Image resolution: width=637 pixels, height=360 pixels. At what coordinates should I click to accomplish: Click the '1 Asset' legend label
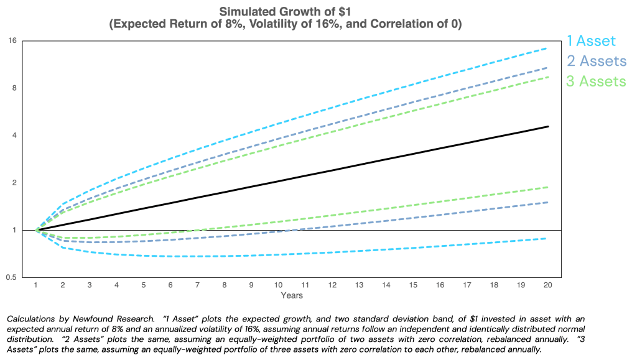point(590,41)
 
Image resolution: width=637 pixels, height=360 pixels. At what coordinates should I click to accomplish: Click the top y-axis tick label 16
point(14,40)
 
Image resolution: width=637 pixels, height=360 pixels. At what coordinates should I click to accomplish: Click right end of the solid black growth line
point(548,126)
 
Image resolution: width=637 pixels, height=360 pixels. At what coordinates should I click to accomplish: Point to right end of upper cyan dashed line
point(547,48)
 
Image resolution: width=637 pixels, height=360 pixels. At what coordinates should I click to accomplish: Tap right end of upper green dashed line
point(547,76)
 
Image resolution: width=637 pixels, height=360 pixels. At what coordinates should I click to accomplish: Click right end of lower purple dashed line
point(547,203)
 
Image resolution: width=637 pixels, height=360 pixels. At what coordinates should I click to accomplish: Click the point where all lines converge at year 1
point(37,230)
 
